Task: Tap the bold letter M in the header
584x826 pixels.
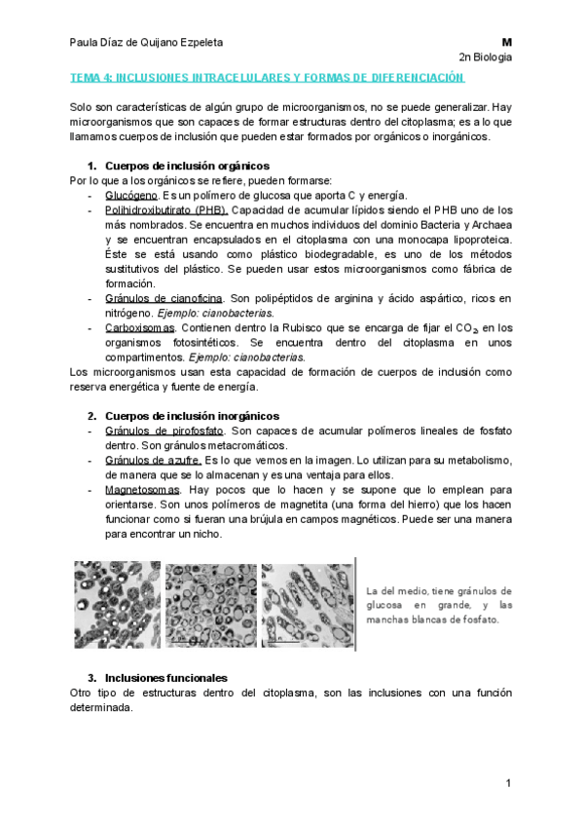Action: point(506,43)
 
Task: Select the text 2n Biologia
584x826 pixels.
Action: point(485,58)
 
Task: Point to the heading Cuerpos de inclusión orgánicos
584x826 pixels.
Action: point(186,166)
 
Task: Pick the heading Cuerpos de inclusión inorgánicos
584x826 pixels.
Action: point(191,416)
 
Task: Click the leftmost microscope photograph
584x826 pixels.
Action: point(117,604)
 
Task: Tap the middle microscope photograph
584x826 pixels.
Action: point(210,604)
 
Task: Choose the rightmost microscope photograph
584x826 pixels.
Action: point(307,604)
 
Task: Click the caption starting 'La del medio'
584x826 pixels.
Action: point(439,605)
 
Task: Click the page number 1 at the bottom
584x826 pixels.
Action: point(508,783)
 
